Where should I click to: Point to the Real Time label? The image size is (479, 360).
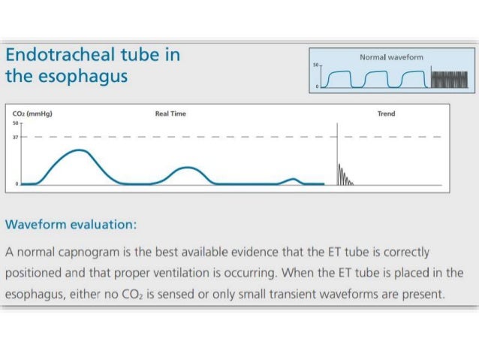[170, 113]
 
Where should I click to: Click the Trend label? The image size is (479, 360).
[386, 113]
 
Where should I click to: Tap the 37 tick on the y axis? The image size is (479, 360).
[15, 137]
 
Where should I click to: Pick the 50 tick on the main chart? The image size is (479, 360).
[15, 123]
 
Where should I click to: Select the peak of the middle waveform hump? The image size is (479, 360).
[187, 168]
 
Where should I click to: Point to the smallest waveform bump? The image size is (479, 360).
[294, 180]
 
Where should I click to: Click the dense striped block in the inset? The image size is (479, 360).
[449, 78]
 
